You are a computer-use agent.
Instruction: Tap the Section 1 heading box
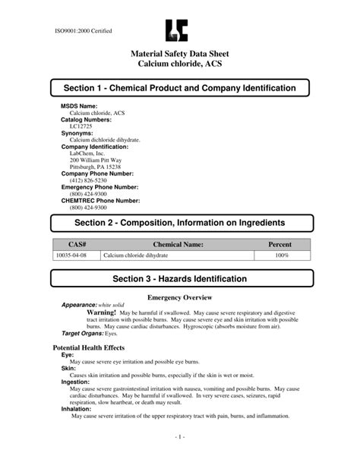click(179, 89)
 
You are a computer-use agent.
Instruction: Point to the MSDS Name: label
click(79, 106)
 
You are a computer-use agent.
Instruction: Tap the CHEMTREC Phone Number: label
click(100, 200)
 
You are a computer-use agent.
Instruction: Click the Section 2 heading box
click(179, 222)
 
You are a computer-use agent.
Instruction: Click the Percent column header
click(281, 246)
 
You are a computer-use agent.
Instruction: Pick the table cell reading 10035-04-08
click(75, 256)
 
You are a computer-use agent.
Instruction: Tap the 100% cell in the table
click(281, 256)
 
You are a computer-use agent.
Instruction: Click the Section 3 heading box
click(179, 279)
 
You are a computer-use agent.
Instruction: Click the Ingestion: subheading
click(76, 381)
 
